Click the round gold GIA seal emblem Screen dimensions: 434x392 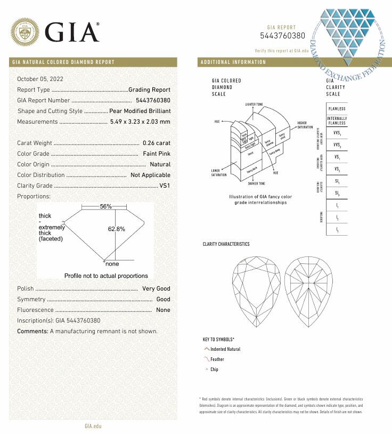25,33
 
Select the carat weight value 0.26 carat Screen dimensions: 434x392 157,143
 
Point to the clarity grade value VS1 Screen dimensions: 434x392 165,186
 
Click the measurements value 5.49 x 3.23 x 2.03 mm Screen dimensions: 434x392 140,122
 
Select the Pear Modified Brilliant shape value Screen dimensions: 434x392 140,111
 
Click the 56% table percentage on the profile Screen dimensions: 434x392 105,206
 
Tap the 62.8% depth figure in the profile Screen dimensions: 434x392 116,229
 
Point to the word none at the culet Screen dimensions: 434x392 112,264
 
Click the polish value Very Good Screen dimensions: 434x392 156,288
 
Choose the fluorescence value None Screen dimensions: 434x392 163,310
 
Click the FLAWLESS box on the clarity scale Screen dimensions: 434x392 337,108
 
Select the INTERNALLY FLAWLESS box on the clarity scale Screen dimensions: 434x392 337,120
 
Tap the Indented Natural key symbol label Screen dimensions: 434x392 225,349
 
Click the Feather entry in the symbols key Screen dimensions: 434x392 217,359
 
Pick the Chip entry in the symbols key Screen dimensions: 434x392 214,369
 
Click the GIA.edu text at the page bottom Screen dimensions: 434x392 93,426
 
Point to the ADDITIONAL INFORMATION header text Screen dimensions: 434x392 233,62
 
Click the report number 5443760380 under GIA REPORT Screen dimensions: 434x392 283,36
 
